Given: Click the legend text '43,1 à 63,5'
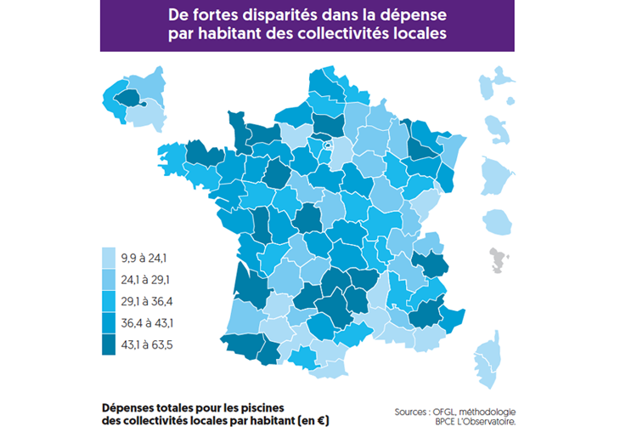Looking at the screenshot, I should click(x=152, y=345).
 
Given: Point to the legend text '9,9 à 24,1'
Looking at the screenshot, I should click(x=149, y=257).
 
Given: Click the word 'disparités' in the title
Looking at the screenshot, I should click(x=288, y=16).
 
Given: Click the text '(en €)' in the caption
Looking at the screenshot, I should click(x=311, y=420).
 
